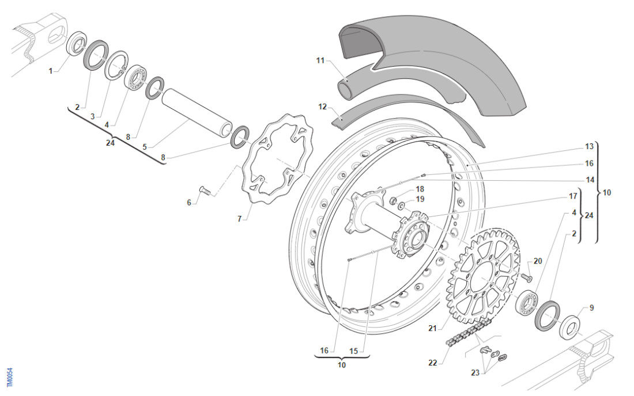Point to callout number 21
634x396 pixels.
(x=432, y=329)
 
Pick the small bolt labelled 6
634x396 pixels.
(x=205, y=190)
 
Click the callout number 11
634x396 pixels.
(x=321, y=60)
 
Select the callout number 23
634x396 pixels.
(x=475, y=372)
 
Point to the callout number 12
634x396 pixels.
(x=322, y=107)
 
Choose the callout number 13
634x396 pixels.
(x=589, y=147)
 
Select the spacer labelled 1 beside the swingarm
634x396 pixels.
(x=76, y=45)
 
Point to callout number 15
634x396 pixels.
(x=353, y=350)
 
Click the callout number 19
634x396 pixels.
(x=420, y=199)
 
